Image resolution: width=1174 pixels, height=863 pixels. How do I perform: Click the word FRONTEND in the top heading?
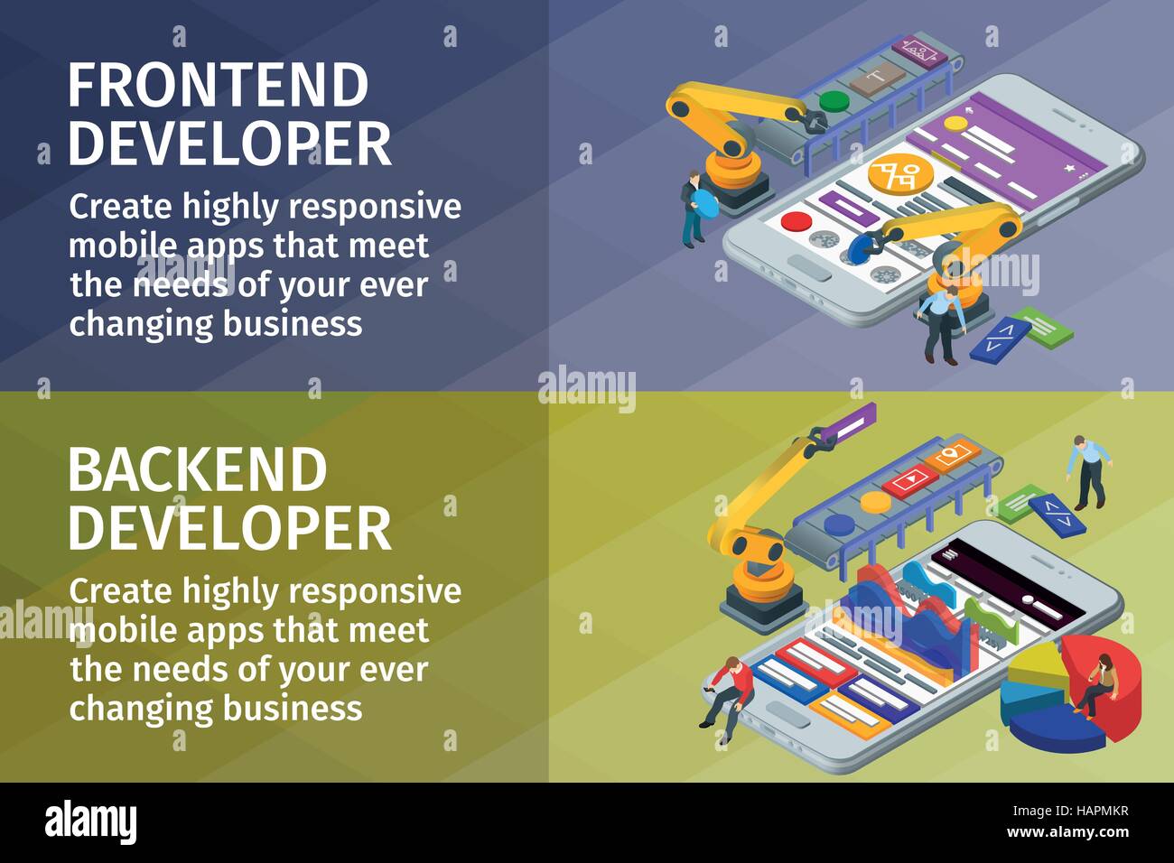219,86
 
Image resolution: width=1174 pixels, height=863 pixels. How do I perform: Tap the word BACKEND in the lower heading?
197,470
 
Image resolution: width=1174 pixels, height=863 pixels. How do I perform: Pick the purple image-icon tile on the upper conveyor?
918,48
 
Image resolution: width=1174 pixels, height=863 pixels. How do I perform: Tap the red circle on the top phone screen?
796,221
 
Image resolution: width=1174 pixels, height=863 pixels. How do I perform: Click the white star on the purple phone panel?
1071,168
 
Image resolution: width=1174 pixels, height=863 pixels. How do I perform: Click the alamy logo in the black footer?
90,821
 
